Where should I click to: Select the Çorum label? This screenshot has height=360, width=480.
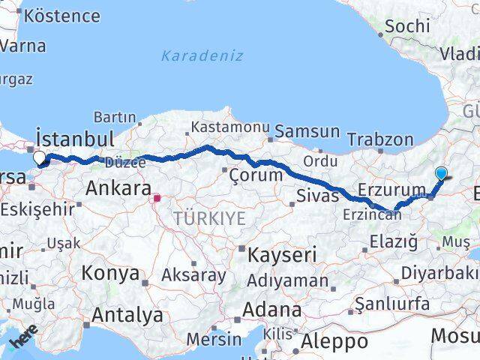tap(256, 175)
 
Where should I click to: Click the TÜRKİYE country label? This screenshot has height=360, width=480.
tap(209, 218)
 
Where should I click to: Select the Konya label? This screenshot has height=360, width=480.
tap(110, 273)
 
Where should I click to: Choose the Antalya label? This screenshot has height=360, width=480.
tap(124, 314)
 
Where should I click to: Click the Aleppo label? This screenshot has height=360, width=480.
tap(334, 341)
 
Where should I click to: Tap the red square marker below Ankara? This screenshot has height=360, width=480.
tap(157, 199)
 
